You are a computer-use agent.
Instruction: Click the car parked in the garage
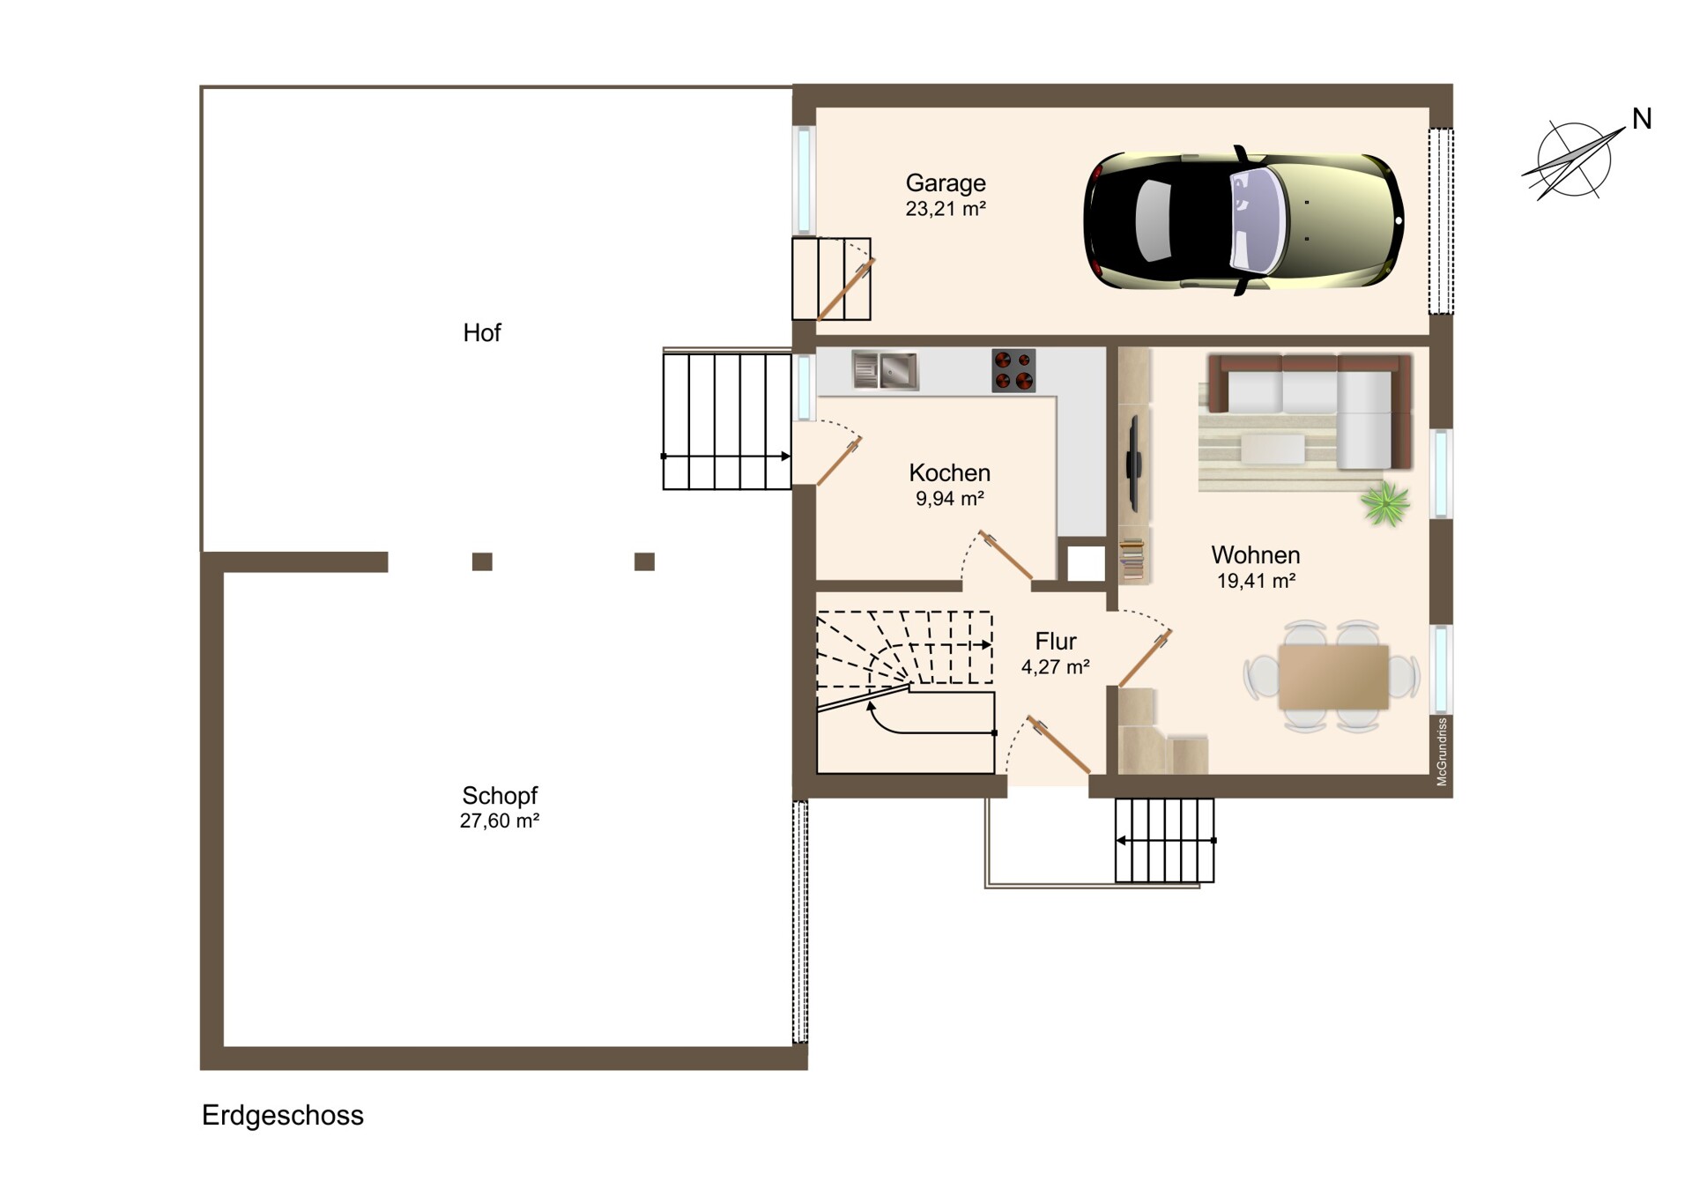[1243, 220]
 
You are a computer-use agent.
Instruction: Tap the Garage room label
[946, 183]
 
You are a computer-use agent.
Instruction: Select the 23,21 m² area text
[946, 209]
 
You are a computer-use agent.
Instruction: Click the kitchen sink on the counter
[886, 370]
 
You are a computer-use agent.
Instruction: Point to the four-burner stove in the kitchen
[1013, 370]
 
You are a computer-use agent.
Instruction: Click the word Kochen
[949, 472]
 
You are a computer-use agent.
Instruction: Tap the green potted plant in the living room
[1384, 503]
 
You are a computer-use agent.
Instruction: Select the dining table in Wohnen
[1333, 677]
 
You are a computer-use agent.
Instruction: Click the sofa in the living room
[1310, 411]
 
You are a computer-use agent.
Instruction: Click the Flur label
[1056, 641]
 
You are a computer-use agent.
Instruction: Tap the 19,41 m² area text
[1256, 581]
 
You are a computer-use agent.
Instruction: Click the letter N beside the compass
[1641, 119]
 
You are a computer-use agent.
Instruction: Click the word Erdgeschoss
[283, 1116]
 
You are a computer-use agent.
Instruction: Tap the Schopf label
[500, 795]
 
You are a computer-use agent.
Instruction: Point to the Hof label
[482, 332]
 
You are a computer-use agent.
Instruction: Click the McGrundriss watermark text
[1442, 752]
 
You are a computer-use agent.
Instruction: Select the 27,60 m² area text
[500, 821]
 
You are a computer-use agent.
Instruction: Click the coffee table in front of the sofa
[1273, 449]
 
